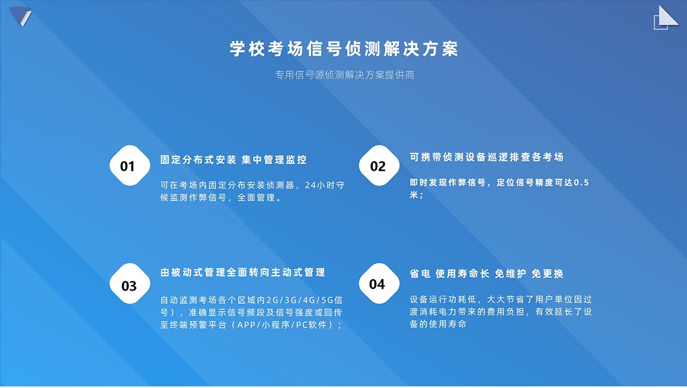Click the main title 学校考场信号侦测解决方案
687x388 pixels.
[344, 49]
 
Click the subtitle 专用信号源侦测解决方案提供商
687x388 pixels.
[345, 75]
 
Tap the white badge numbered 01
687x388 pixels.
[130, 166]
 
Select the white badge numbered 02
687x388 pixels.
[379, 166]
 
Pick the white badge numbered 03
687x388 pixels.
[130, 283]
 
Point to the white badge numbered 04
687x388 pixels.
[379, 283]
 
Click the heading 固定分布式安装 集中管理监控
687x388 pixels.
[234, 160]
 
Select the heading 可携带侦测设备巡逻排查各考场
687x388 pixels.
[487, 157]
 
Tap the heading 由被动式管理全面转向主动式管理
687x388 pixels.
[243, 272]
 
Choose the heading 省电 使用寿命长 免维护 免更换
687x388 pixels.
[487, 273]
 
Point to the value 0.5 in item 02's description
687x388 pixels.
[581, 183]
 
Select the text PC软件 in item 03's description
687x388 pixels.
[311, 325]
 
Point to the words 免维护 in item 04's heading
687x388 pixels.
[510, 273]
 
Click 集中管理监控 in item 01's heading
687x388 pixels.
[274, 160]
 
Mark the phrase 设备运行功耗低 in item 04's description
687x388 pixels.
[443, 299]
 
